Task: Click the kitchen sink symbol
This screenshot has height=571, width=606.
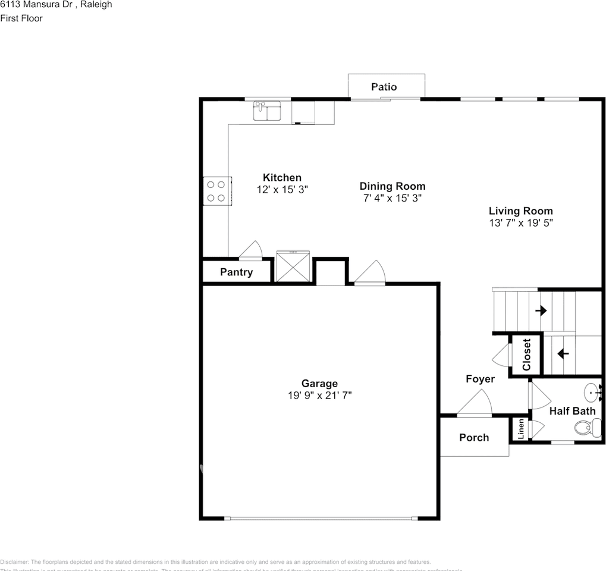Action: click(x=268, y=111)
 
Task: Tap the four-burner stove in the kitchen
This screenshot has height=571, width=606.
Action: click(x=216, y=191)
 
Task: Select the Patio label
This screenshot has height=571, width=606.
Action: click(x=384, y=87)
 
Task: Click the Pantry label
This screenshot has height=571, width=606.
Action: click(x=236, y=272)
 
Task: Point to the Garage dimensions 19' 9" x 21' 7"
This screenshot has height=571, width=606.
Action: click(x=319, y=395)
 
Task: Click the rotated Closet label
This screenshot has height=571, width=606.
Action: click(x=526, y=354)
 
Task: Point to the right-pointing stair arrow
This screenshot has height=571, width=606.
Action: click(x=541, y=310)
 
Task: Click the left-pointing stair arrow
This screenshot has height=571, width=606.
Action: click(x=562, y=353)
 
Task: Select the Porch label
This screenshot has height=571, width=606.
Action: click(x=474, y=437)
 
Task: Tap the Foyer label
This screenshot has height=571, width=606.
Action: click(x=480, y=379)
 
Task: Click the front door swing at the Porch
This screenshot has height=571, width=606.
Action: click(x=476, y=404)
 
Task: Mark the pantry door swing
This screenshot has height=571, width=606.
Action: click(x=251, y=251)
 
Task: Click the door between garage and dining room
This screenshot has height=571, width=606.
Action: click(x=371, y=273)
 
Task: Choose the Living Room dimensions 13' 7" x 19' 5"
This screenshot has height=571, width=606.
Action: click(x=520, y=223)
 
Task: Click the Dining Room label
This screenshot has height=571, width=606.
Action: click(x=392, y=186)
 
